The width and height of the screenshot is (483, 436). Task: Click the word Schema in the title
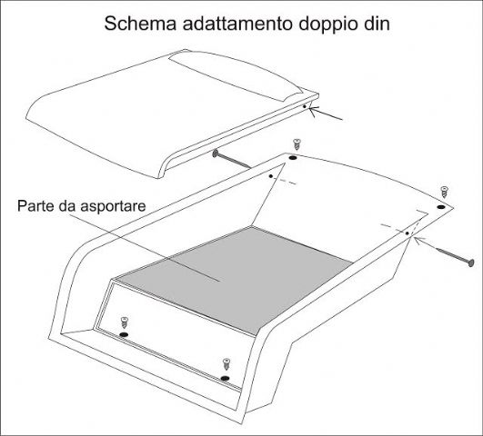(140, 24)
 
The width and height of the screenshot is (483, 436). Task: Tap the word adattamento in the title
(237, 24)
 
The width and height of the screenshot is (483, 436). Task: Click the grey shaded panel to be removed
(235, 279)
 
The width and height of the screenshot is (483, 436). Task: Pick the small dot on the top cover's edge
(305, 106)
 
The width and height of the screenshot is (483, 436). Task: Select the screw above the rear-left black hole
(297, 144)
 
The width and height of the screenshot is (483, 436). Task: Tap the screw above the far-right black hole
(444, 192)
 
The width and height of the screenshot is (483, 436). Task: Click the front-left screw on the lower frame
(124, 322)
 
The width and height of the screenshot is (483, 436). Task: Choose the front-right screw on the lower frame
(226, 364)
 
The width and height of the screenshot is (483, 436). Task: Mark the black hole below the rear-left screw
(293, 158)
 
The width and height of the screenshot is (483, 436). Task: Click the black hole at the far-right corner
(441, 207)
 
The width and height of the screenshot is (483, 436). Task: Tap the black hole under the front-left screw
(124, 334)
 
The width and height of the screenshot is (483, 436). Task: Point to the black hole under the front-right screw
(226, 378)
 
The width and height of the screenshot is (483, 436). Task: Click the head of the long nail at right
(470, 263)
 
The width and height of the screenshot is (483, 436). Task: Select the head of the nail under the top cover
(216, 154)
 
